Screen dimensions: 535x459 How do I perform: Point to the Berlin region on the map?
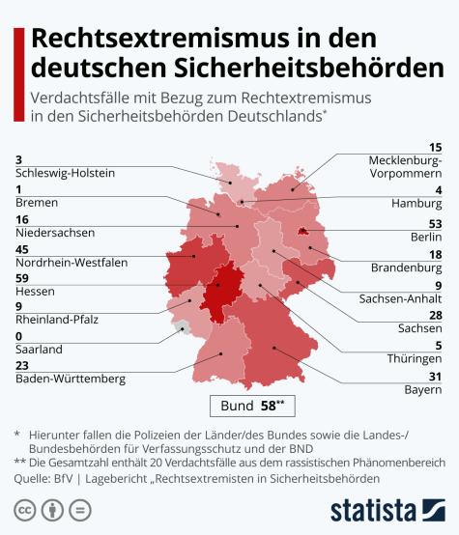[304, 232]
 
